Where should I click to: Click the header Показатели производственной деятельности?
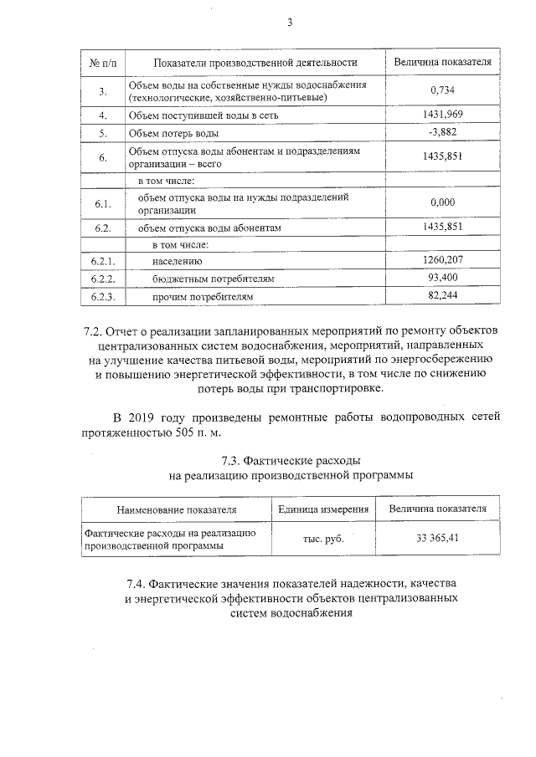click(x=244, y=63)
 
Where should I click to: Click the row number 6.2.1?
click(x=103, y=261)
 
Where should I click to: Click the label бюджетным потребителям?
click(x=214, y=279)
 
